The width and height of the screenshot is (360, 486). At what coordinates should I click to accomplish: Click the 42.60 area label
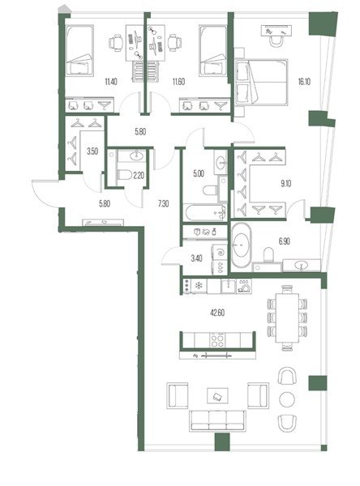pos(217,313)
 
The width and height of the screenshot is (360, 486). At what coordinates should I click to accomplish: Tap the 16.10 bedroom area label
pos(304,82)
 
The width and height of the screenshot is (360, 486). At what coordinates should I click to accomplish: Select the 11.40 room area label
pos(111,82)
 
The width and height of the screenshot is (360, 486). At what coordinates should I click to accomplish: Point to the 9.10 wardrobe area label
pos(286,184)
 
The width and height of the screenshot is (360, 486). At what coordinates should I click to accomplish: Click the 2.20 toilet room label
pos(139,176)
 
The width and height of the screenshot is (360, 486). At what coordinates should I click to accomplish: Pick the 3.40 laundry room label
pos(196,258)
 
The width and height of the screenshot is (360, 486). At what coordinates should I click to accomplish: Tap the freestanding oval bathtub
pos(241,245)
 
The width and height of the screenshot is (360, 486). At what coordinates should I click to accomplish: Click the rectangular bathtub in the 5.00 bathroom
pos(205,212)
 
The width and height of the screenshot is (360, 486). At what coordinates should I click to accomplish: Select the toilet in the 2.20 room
pos(125,174)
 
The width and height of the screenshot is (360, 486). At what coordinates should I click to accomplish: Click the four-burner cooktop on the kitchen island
pos(217,340)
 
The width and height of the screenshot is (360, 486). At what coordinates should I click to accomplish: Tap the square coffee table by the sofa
pos(217,396)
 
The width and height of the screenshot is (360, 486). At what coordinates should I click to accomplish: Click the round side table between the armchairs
pos(287,399)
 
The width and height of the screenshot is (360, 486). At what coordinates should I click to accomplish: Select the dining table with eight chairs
pos(287,318)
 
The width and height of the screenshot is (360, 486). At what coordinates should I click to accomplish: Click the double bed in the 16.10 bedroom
pos(261,82)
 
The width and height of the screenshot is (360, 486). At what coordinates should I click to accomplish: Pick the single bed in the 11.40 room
pos(79,50)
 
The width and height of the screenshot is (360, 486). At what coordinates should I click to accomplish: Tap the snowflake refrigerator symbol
pos(199,286)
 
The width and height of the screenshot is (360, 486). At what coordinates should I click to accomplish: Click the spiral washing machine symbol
pos(220,252)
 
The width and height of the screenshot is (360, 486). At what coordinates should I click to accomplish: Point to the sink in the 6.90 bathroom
pos(302,266)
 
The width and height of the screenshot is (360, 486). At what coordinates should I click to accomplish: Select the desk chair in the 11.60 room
pos(174,42)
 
